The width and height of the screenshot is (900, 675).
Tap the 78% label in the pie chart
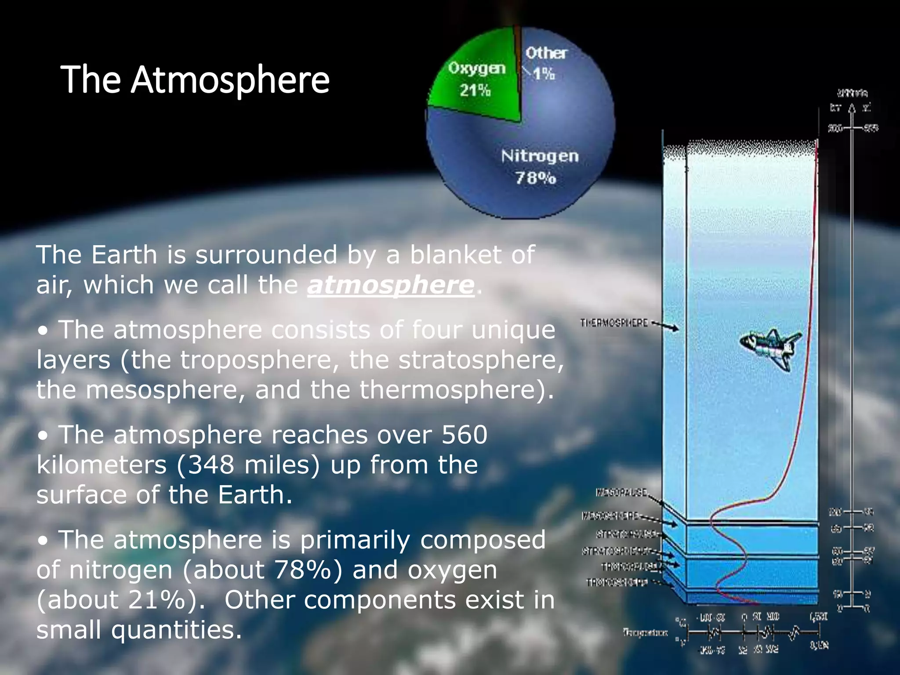pos(535,178)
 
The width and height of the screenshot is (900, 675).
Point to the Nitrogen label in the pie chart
pos(540,156)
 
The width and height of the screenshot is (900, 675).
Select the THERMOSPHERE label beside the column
pos(614,323)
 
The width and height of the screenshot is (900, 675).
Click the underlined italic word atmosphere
pos(391,285)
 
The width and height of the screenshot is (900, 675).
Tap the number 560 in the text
pos(465,435)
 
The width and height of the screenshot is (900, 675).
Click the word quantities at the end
pos(176,630)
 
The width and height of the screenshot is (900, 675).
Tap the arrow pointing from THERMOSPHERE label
pos(665,326)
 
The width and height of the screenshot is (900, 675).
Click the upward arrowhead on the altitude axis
pos(852,108)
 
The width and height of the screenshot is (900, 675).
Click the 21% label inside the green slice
pos(475,91)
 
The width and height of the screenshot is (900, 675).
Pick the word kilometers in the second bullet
pos(102,465)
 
